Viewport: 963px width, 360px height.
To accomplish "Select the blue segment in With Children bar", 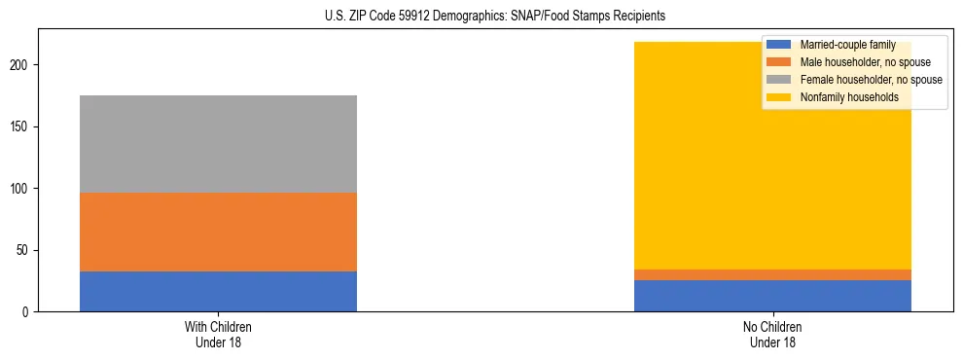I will tap(218, 291).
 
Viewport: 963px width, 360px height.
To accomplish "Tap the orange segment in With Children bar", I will tap(218, 232).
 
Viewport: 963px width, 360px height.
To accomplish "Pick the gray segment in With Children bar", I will tap(218, 144).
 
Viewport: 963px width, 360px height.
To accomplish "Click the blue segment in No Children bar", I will tap(772, 296).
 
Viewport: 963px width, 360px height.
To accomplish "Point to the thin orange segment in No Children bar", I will tap(772, 275).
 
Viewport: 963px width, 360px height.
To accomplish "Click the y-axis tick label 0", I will tap(28, 312).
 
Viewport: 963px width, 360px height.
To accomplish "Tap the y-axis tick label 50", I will tap(25, 250).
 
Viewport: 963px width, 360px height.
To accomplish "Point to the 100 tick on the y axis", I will tap(22, 189).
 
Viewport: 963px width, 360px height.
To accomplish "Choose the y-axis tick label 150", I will tap(22, 127).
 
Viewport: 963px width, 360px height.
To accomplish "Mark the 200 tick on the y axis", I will tap(22, 65).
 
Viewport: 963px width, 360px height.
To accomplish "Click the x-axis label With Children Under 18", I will tap(218, 334).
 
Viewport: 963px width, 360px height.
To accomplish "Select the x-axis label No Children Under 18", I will tap(772, 334).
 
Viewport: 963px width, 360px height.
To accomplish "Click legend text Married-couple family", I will tap(846, 45).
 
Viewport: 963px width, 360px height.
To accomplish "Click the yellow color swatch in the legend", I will tap(779, 97).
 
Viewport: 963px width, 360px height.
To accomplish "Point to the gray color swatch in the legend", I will tap(779, 80).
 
